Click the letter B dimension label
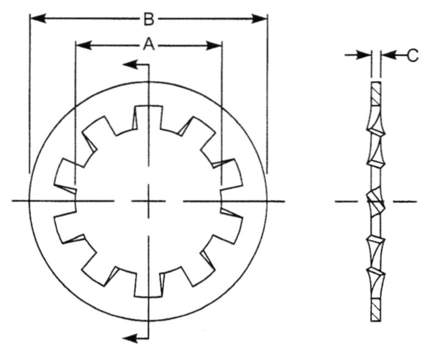[x=149, y=20]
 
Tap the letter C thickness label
[x=412, y=55]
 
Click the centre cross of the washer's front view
[x=147, y=201]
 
